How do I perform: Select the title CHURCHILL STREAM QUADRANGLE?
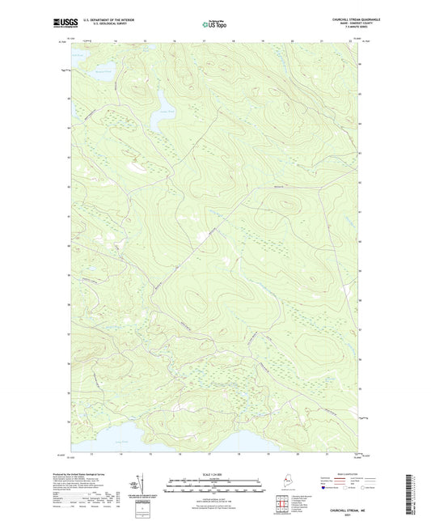pyautogui.click(x=332, y=19)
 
